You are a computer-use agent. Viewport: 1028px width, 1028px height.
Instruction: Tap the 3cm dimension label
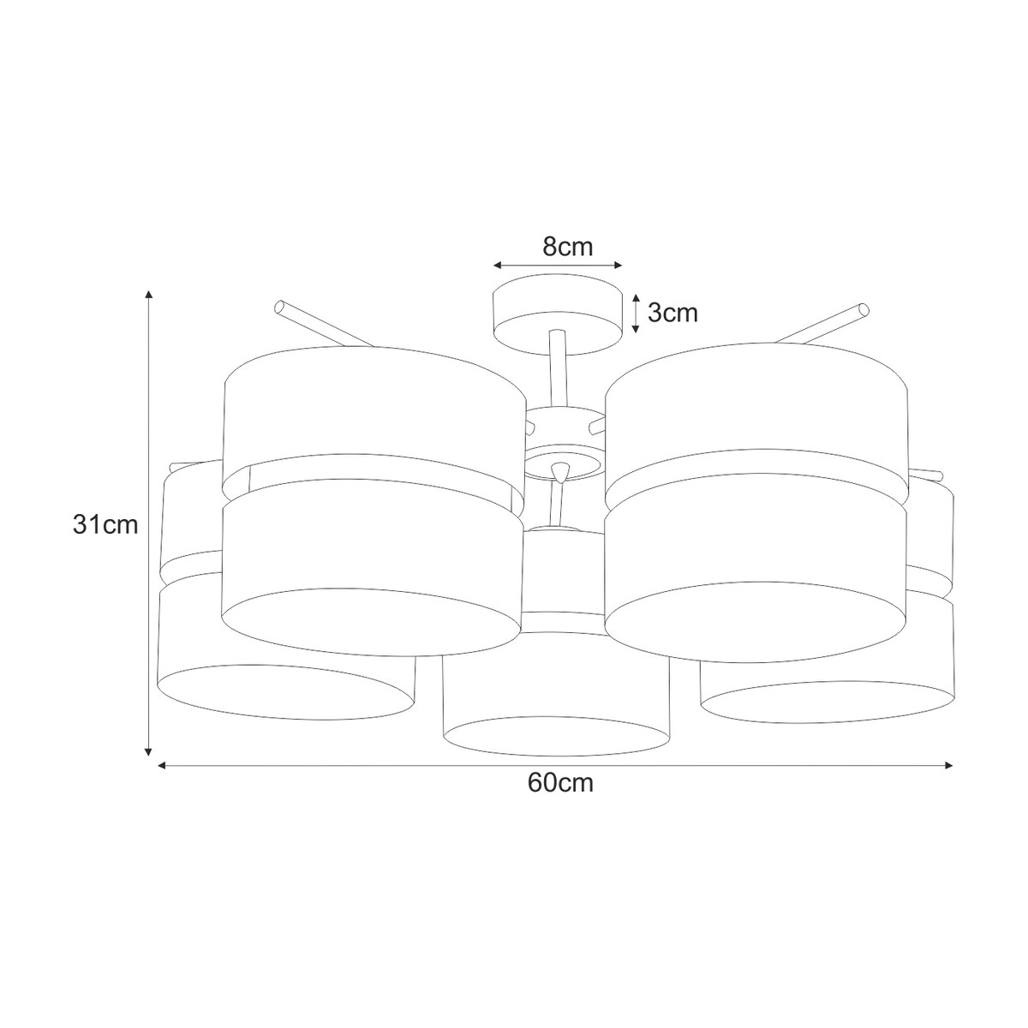click(672, 314)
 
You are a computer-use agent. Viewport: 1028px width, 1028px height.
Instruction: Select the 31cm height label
click(105, 525)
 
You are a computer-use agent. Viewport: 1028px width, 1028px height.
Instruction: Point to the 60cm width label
click(560, 783)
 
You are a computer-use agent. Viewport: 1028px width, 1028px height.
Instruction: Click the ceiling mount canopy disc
click(557, 314)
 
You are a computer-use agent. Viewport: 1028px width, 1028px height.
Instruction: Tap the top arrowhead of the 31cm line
click(149, 295)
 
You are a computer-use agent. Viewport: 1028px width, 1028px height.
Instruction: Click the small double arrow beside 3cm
click(635, 314)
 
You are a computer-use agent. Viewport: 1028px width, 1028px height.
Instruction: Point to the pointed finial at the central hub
click(560, 472)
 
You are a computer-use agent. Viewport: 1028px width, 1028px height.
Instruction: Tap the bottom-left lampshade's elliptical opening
click(283, 691)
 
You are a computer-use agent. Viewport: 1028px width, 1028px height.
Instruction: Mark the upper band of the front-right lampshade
click(754, 407)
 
